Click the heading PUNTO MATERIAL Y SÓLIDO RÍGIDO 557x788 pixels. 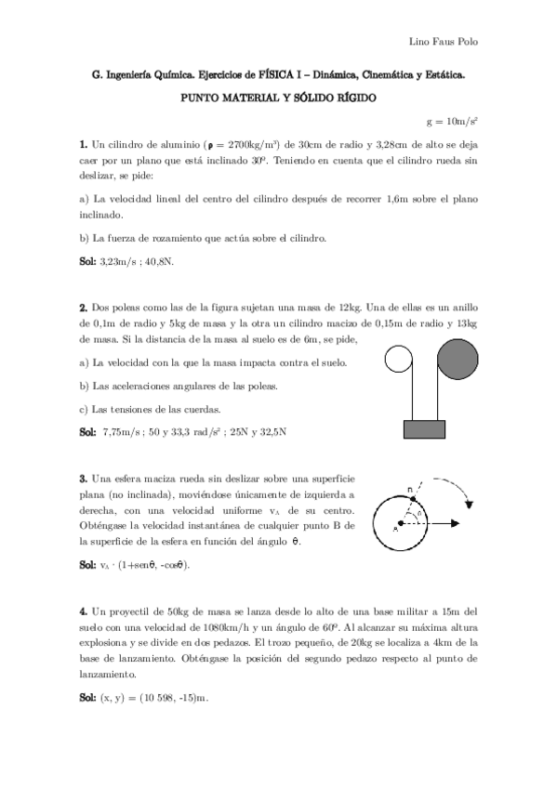pos(277,98)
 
